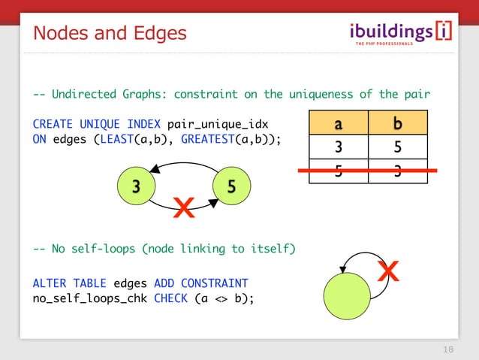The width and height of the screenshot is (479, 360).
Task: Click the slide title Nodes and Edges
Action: click(x=109, y=33)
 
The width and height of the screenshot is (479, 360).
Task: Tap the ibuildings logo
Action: click(x=402, y=33)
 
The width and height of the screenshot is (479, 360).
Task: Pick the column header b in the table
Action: click(x=398, y=122)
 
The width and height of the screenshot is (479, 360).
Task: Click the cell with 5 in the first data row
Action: click(x=398, y=146)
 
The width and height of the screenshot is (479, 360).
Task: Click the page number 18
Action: click(x=449, y=349)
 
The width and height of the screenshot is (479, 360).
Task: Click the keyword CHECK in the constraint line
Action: click(x=171, y=298)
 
